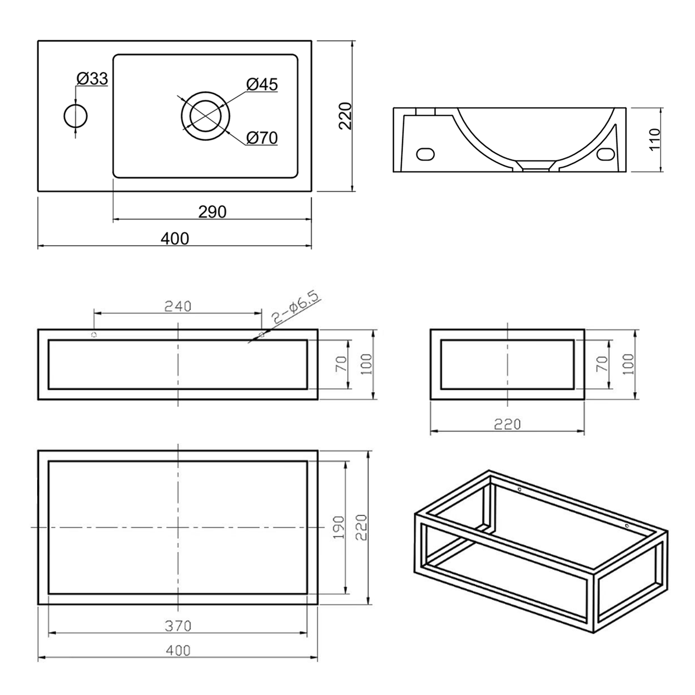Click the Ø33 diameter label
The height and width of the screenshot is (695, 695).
(x=92, y=79)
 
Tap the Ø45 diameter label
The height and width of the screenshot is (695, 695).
(x=262, y=84)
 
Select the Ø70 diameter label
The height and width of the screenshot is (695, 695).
(x=262, y=138)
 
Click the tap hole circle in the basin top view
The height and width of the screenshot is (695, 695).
(x=76, y=116)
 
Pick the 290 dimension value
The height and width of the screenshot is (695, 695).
(x=212, y=212)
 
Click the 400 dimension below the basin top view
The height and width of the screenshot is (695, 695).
(x=175, y=239)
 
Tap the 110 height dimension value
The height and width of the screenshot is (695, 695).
(x=655, y=139)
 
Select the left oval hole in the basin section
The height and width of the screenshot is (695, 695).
(x=425, y=154)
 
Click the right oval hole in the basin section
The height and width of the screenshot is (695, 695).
(x=605, y=154)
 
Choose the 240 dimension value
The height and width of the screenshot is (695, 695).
(x=177, y=306)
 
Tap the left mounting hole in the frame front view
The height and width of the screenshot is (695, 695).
(x=94, y=335)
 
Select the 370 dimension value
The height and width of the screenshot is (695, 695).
(x=178, y=626)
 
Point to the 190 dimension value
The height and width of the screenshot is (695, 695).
(x=339, y=527)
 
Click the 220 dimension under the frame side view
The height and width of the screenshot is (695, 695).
(x=507, y=424)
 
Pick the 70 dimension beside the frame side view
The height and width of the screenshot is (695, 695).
(x=602, y=364)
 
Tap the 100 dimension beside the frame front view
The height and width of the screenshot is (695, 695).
(x=366, y=364)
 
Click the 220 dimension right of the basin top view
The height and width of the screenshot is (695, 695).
(x=346, y=116)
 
